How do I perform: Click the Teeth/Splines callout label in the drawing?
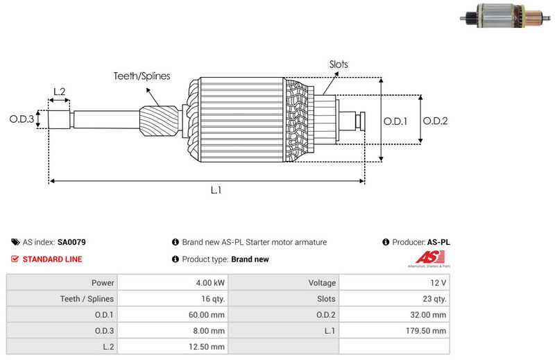point(142,76)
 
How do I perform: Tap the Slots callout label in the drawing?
point(339,65)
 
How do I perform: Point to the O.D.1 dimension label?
point(395,120)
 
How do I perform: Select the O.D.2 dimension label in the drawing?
point(436,120)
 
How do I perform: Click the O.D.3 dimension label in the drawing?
point(22,119)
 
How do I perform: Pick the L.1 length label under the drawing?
point(216,190)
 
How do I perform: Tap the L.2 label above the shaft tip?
point(60,92)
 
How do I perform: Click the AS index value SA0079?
point(71,243)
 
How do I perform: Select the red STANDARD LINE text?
point(52,259)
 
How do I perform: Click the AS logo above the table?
point(426,261)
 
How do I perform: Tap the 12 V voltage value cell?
point(438,283)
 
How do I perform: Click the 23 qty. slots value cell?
point(434,299)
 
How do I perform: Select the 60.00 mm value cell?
point(208,315)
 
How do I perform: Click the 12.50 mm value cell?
point(208,347)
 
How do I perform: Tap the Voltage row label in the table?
point(322,283)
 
